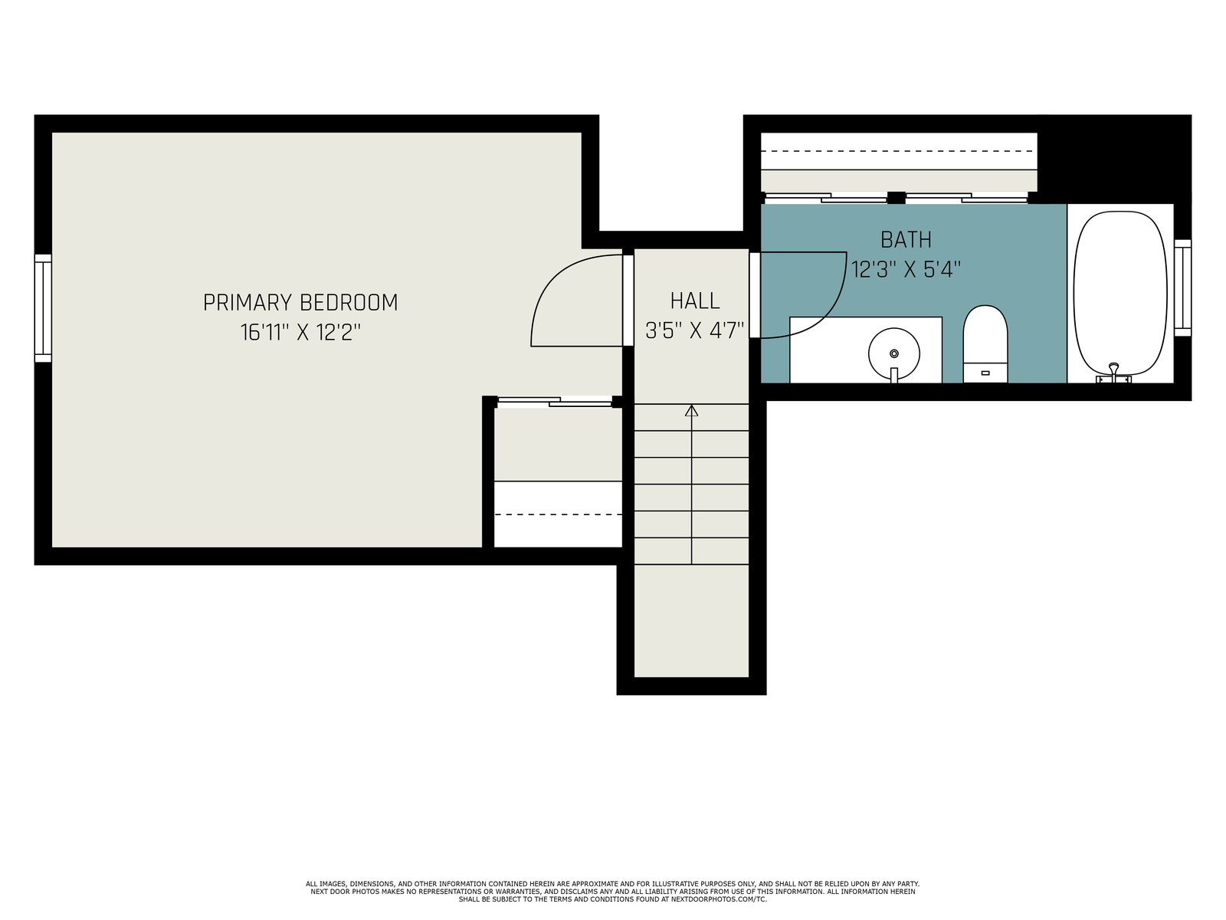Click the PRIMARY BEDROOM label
click(x=300, y=303)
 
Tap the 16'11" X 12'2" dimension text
click(x=300, y=333)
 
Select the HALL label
click(x=695, y=301)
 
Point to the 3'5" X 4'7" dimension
click(x=694, y=330)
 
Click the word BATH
click(x=906, y=240)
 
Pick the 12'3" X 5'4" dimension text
click(x=906, y=270)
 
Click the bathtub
click(x=1119, y=294)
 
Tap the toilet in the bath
click(x=985, y=344)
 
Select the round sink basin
click(x=893, y=353)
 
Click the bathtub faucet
click(x=1113, y=373)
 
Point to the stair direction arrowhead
click(x=691, y=411)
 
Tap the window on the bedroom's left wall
click(x=43, y=308)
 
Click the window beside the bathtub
click(x=1182, y=287)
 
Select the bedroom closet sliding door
click(x=555, y=401)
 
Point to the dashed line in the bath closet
click(x=899, y=151)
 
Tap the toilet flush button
click(x=985, y=373)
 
